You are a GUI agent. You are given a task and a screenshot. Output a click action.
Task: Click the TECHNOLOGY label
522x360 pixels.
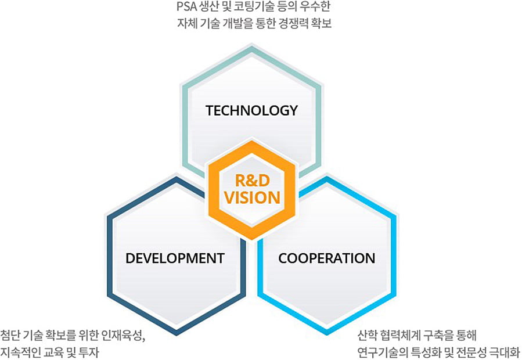tap(251, 110)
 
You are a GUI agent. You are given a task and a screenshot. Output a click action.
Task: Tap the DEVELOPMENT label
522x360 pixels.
tap(175, 258)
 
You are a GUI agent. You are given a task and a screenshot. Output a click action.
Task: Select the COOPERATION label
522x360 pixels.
tap(326, 258)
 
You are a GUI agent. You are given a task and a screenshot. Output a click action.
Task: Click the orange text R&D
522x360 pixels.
tap(252, 181)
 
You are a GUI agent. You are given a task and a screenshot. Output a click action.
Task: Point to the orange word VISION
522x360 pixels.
tap(252, 197)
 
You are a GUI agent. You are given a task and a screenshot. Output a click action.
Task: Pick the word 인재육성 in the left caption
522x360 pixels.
tap(124, 336)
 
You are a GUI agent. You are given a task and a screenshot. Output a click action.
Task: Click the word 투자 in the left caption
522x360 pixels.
tap(89, 352)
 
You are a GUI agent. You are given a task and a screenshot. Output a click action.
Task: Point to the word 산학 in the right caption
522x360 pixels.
tap(367, 335)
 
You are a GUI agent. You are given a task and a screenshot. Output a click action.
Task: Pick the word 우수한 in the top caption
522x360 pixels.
tap(315, 6)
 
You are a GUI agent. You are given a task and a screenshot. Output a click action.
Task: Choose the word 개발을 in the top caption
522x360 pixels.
tap(235, 23)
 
